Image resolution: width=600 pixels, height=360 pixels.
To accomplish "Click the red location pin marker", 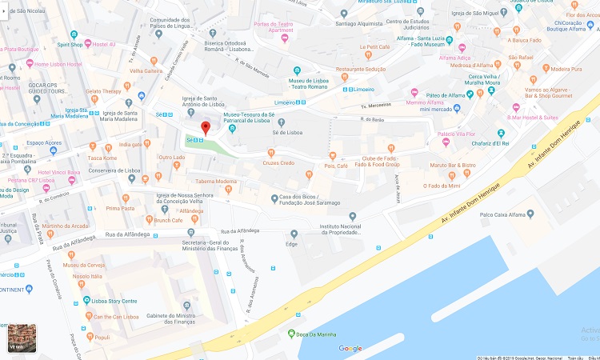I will pos(205,128).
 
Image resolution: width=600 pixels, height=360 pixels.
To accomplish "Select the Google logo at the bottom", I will pos(350,348).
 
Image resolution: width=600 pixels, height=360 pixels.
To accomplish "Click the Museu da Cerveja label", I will pos(84,265).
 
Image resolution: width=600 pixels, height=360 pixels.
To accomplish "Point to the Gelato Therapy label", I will pos(103,92).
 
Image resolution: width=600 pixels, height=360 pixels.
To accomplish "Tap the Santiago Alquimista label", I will pos(360,24).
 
